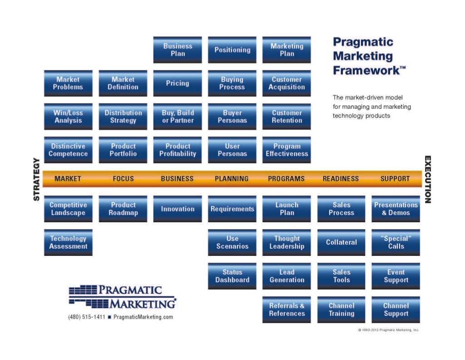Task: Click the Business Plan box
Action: [178, 50]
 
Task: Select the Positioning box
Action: [232, 50]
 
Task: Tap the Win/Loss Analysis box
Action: [68, 117]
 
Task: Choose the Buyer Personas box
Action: [232, 117]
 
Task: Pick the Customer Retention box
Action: [287, 117]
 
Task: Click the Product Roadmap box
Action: [123, 209]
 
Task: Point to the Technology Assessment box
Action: [68, 243]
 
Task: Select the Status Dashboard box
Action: [232, 276]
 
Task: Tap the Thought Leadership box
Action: [287, 243]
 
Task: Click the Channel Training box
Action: [341, 310]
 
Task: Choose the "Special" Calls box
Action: [396, 243]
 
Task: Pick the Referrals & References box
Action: [287, 310]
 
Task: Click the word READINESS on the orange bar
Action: [341, 179]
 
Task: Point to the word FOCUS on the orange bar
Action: [123, 179]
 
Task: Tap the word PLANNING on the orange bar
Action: [232, 179]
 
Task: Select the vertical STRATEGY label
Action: [37, 179]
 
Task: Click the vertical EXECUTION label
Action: [427, 179]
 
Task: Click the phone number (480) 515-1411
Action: [86, 317]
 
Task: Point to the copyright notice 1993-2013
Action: [388, 330]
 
